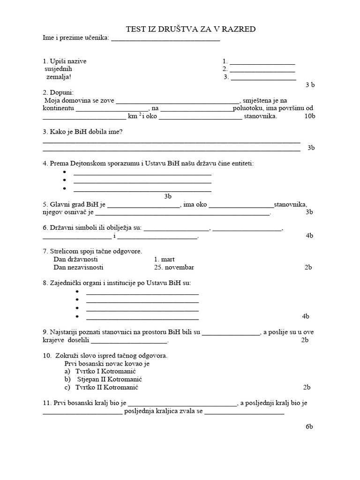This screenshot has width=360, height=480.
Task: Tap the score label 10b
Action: click(x=310, y=116)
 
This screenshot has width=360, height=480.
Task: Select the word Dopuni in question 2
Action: click(x=64, y=92)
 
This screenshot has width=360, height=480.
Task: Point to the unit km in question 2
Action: click(x=132, y=116)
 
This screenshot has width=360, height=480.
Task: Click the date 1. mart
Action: click(x=164, y=259)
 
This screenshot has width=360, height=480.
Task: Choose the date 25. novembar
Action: click(x=173, y=267)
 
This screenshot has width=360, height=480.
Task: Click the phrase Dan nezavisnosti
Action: click(x=79, y=267)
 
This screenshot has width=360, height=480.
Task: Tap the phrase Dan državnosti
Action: click(x=76, y=259)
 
